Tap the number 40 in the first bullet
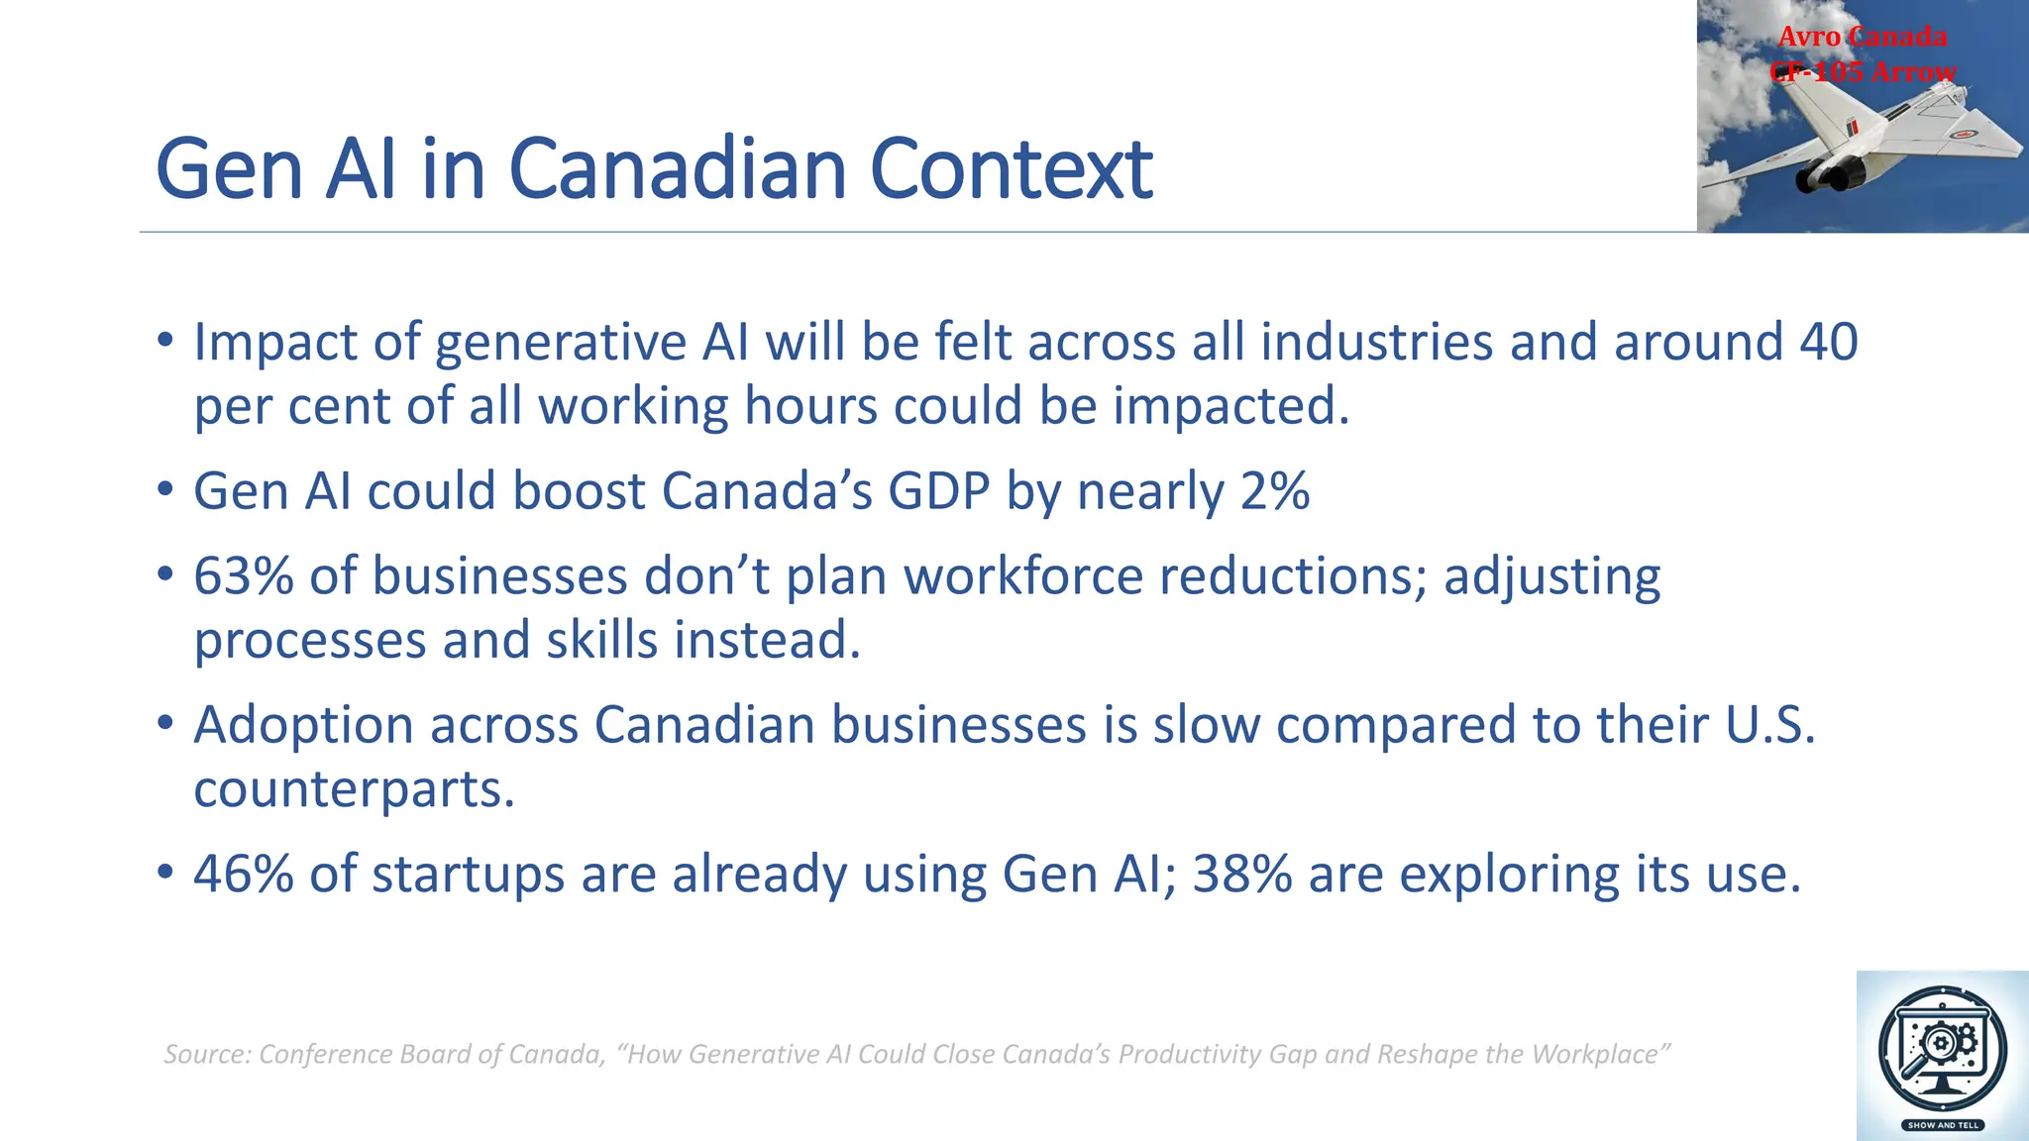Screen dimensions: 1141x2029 tap(1828, 343)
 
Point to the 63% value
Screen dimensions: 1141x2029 tap(243, 576)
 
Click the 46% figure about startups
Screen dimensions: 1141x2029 tap(243, 875)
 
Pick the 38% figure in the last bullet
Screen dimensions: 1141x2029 tap(1241, 875)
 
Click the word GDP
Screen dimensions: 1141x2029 tap(938, 491)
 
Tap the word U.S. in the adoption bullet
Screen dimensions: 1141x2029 tap(1769, 725)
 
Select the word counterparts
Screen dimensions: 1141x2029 tap(354, 790)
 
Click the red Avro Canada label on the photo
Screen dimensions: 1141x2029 tap(1862, 37)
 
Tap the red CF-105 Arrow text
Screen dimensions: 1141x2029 tap(1863, 72)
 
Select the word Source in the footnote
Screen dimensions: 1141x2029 tap(205, 1055)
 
